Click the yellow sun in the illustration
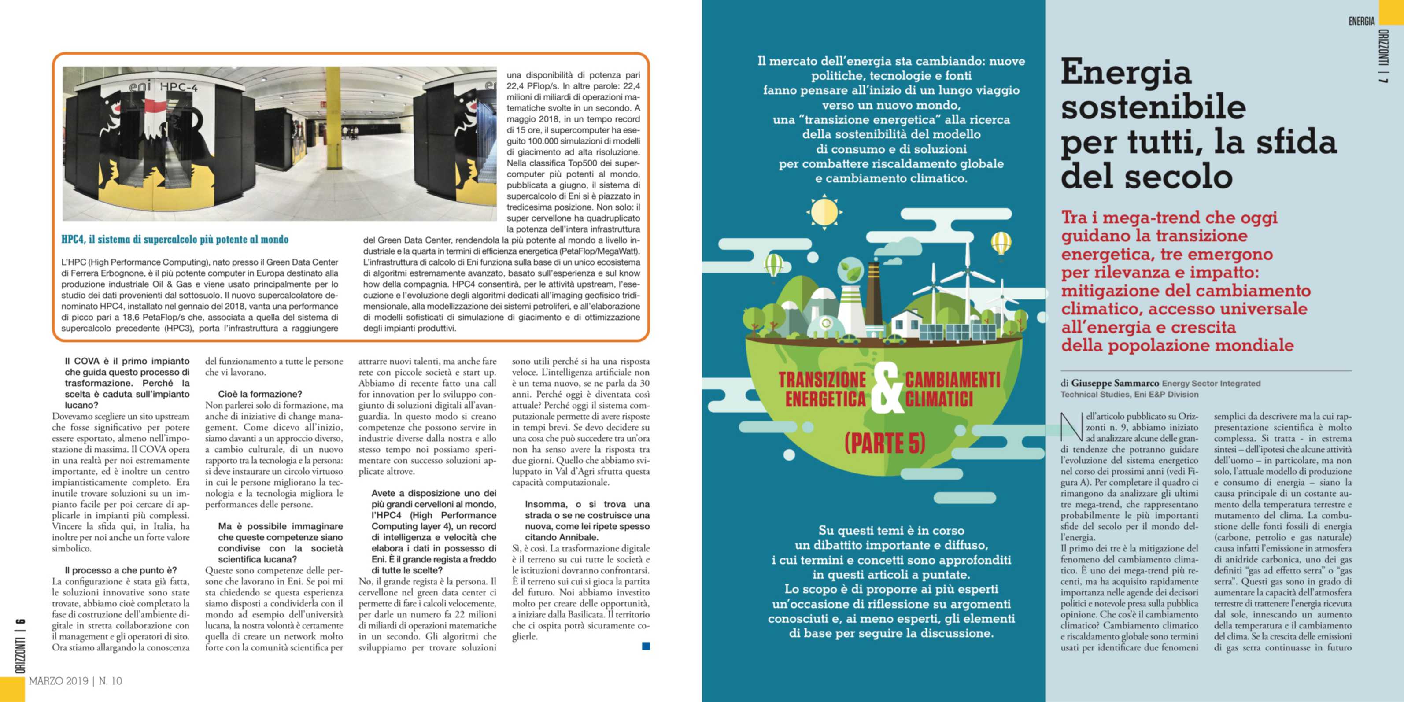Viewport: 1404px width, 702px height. [x=824, y=211]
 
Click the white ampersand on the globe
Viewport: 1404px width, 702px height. [x=885, y=388]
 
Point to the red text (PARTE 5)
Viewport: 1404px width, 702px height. [x=885, y=443]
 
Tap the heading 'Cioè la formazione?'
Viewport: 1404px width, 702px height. [x=260, y=394]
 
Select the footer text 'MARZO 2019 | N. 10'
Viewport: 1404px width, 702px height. [x=75, y=681]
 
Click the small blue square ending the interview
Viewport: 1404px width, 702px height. [x=646, y=647]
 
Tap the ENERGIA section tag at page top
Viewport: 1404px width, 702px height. [x=1361, y=21]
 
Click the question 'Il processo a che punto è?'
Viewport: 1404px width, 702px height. [x=121, y=570]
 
